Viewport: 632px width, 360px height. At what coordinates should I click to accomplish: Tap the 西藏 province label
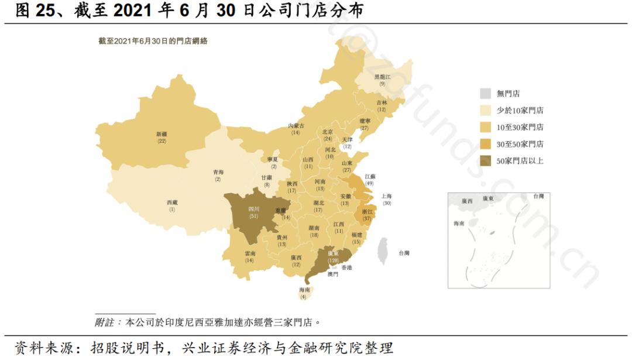tap(172, 203)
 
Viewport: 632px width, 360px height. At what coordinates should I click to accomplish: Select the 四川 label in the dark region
tap(253, 208)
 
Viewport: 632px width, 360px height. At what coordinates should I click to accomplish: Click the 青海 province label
tap(218, 172)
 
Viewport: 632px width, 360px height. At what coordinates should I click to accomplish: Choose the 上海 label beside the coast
tap(386, 196)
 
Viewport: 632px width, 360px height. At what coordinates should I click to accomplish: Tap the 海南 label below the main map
tap(304, 290)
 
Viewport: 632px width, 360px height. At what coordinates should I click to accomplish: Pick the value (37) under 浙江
tap(367, 218)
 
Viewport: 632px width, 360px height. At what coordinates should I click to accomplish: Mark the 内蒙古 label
tap(296, 126)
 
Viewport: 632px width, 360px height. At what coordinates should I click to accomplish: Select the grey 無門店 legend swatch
tap(485, 93)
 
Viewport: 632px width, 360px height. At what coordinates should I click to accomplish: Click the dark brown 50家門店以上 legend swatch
tap(485, 160)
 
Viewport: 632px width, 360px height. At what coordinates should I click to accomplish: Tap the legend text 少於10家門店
tap(520, 110)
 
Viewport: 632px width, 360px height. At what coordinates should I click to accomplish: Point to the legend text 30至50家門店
tap(520, 144)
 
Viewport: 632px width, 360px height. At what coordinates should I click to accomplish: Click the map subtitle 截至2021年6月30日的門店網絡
tap(154, 41)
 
